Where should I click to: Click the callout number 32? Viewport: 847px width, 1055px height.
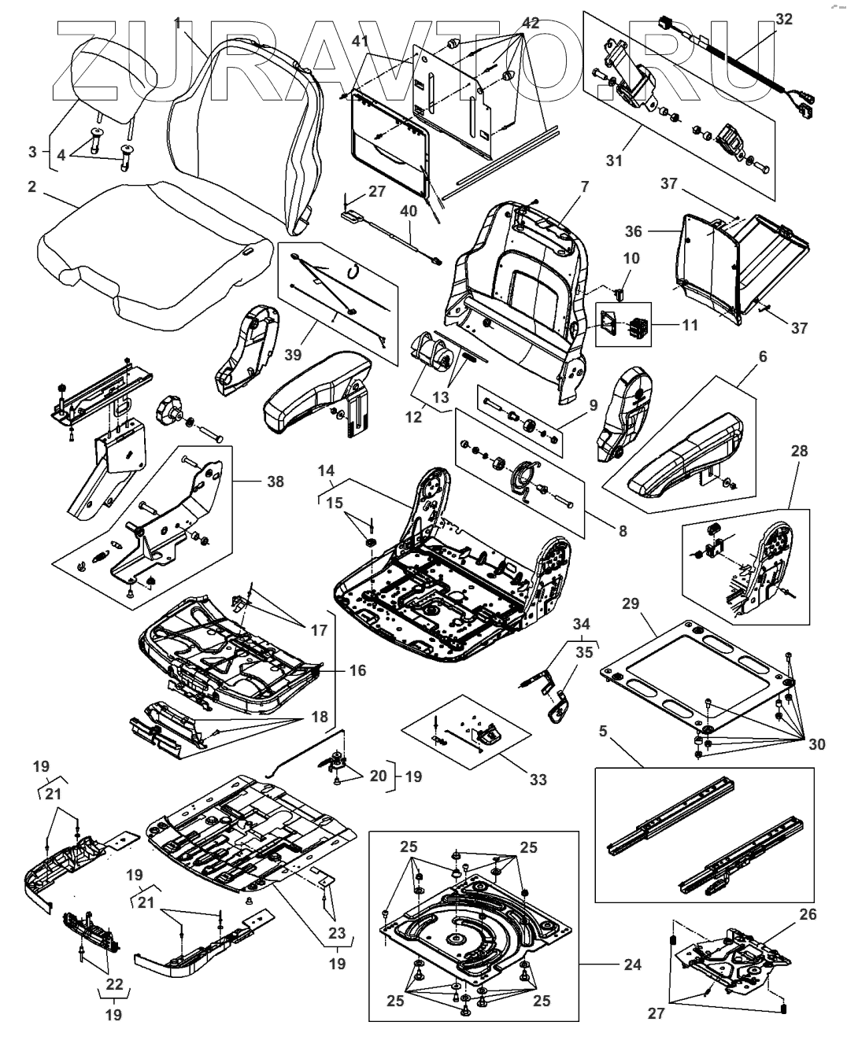point(784,20)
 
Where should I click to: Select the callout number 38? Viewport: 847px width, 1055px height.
point(276,481)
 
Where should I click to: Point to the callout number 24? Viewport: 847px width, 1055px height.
point(633,964)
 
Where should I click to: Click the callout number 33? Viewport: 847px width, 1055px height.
point(537,780)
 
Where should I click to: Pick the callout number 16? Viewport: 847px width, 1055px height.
point(358,670)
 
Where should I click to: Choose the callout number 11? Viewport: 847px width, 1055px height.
point(690,324)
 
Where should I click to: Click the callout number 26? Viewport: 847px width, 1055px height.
point(808,914)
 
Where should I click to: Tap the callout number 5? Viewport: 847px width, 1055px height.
point(602,731)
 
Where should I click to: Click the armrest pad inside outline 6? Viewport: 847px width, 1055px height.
point(685,456)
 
